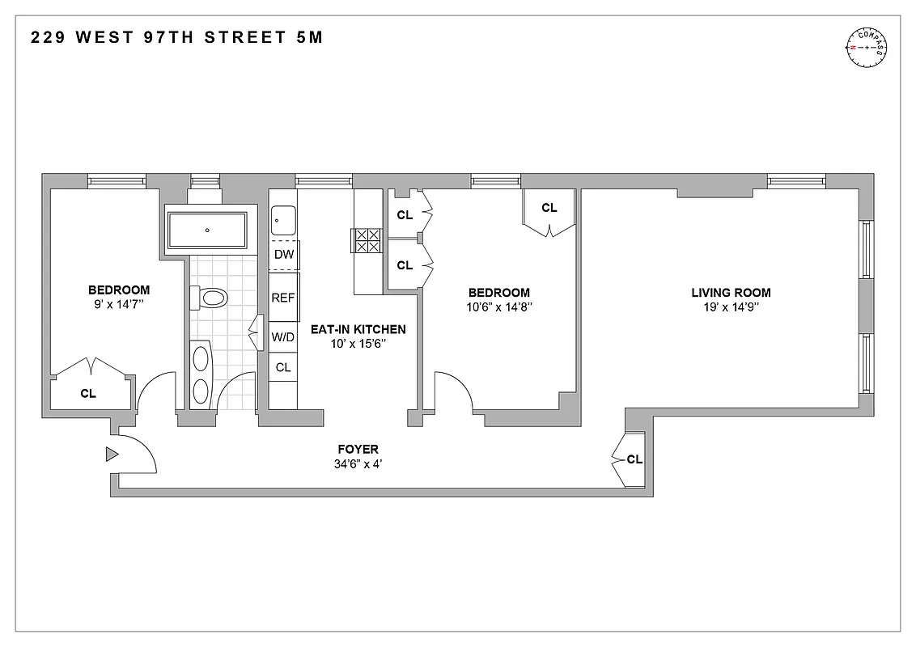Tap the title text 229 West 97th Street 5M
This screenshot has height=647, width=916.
[x=176, y=37]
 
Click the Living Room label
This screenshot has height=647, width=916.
[x=730, y=293]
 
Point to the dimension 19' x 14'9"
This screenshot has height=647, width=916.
[x=730, y=307]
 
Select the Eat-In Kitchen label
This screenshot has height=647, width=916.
[x=358, y=329]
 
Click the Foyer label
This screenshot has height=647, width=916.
[x=358, y=450]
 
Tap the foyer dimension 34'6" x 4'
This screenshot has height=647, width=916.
[x=358, y=464]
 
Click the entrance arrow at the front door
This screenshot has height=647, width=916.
[x=112, y=455]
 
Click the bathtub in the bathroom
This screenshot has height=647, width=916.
[x=206, y=230]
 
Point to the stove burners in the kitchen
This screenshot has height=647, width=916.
[x=367, y=241]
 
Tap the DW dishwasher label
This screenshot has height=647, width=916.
[x=283, y=255]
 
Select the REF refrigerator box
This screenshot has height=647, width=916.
[x=283, y=298]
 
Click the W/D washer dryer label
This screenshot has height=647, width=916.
[x=283, y=337]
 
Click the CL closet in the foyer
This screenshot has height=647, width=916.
[x=634, y=459]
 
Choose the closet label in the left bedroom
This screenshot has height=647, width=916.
[x=88, y=394]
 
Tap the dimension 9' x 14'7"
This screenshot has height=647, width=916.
[x=119, y=305]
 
